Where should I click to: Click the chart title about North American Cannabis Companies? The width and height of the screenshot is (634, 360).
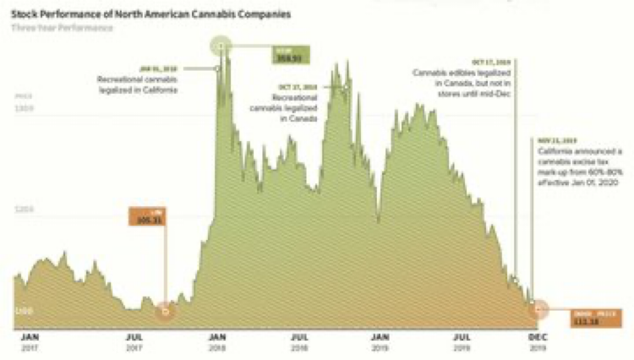coord(145,14)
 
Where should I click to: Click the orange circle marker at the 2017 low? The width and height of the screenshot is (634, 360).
coord(166,311)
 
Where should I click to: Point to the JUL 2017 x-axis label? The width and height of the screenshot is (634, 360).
coord(134,340)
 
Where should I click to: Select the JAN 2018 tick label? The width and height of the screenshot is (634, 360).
coord(217,340)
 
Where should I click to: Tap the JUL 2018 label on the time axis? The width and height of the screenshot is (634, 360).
coord(300,340)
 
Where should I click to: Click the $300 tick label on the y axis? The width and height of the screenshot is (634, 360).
coord(23,108)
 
